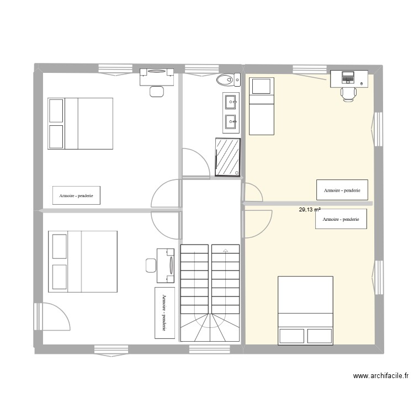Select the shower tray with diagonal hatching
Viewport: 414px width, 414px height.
pos(227,158)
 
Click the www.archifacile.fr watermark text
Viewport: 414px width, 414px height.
pos(380,376)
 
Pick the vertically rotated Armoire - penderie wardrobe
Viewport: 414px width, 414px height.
pos(164,312)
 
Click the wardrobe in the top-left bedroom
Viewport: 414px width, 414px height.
pos(76,195)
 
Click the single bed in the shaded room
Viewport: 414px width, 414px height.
pos(262,106)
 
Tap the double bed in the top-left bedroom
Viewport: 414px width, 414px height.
pos(80,123)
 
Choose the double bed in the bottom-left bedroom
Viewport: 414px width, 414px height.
pos(83,262)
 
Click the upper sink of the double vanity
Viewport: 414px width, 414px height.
pos(231,101)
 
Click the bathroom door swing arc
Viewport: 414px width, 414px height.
pos(196,161)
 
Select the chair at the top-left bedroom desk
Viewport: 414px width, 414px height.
pos(157,91)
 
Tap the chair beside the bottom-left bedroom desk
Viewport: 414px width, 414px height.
pos(151,265)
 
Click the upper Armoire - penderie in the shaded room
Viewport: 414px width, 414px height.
pos(342,190)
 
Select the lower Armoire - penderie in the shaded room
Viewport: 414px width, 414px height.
pos(341,219)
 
